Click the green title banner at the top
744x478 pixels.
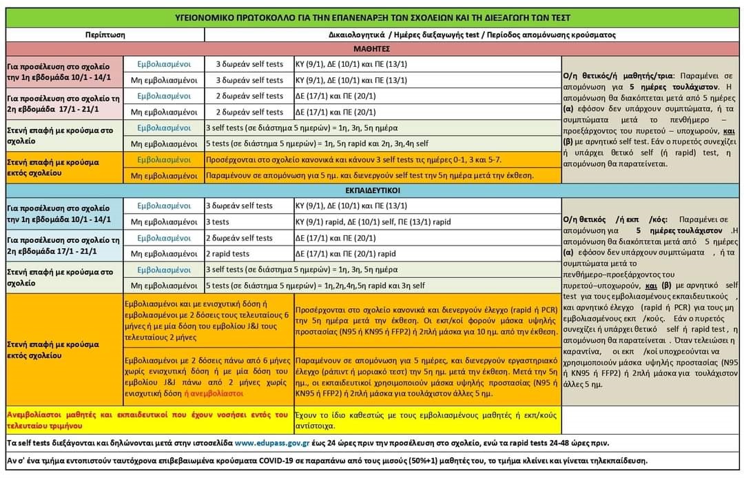pyautogui.click(x=372, y=17)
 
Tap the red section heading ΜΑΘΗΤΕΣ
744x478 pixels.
pyautogui.click(x=372, y=49)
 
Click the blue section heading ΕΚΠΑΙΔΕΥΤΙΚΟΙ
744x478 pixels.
pyautogui.click(x=372, y=190)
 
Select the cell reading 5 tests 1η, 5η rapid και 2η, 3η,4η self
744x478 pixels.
pyautogui.click(x=383, y=144)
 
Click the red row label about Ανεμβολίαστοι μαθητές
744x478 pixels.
pyautogui.click(x=147, y=419)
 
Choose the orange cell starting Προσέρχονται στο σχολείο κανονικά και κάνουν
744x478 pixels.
pyautogui.click(x=383, y=160)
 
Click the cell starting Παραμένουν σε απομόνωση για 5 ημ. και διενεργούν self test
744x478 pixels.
pyautogui.click(x=383, y=176)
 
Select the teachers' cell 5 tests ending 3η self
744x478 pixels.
pyautogui.click(x=383, y=286)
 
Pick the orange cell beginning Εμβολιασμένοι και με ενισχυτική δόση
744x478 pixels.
pyautogui.click(x=207, y=322)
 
